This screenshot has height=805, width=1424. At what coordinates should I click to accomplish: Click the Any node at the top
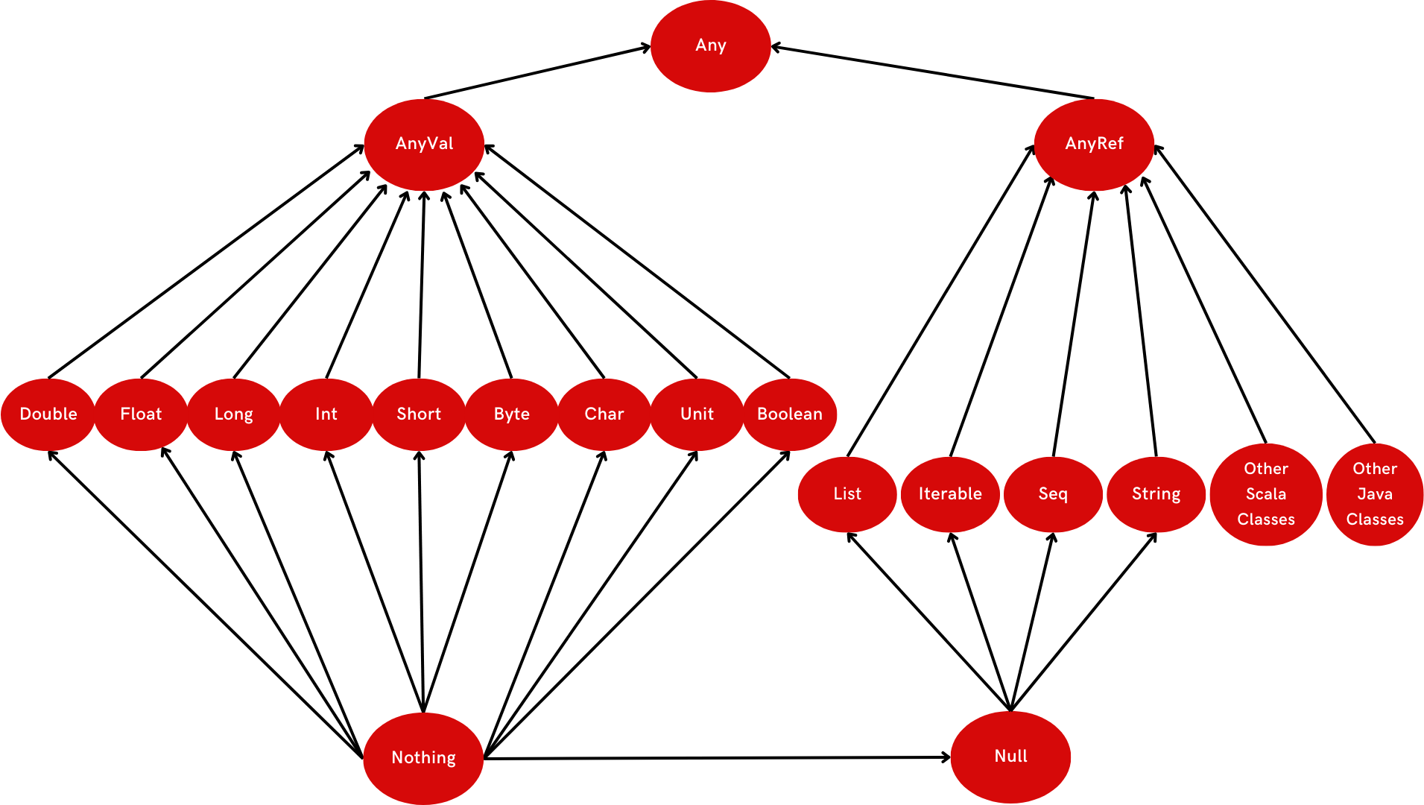click(x=710, y=45)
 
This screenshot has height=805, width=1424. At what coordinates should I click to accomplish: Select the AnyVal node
click(x=424, y=144)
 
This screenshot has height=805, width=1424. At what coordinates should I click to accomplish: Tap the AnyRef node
click(x=1094, y=144)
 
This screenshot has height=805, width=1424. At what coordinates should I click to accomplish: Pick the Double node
click(x=48, y=414)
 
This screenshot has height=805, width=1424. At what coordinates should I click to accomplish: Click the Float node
click(x=141, y=414)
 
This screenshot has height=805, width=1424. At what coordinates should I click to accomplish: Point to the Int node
click(x=326, y=414)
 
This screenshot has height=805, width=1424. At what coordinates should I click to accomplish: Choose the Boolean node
click(x=790, y=414)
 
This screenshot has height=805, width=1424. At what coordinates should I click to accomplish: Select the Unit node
click(x=697, y=414)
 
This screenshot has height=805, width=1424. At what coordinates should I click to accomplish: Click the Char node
click(x=604, y=414)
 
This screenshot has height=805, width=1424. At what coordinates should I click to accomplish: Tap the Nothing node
click(x=423, y=758)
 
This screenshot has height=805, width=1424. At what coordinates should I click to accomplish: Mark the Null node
click(x=1010, y=757)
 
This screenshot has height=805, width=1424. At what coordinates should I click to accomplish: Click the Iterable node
click(x=950, y=494)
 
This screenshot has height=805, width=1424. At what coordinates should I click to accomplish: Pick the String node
click(x=1156, y=494)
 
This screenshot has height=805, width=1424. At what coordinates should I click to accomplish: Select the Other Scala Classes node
click(x=1266, y=494)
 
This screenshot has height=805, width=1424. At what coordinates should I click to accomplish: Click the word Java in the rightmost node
click(x=1375, y=494)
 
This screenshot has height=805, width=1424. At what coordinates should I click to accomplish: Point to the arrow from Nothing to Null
click(x=715, y=758)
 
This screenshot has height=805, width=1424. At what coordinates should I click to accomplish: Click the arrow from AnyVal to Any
click(x=537, y=72)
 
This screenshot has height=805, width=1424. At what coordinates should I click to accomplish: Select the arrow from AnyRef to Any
click(x=931, y=72)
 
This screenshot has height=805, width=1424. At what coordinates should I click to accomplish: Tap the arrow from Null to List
click(x=928, y=622)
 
